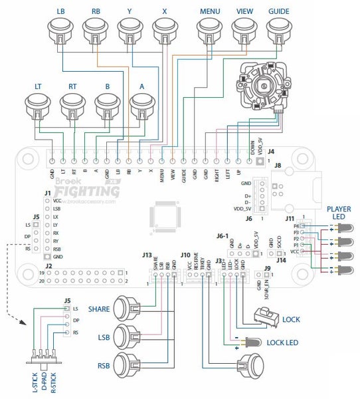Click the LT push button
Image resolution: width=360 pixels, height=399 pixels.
click(38, 104)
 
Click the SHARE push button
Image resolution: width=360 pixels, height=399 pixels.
click(128, 310)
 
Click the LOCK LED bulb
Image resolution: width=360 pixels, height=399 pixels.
click(252, 342)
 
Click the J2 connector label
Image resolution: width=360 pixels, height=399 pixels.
click(48, 266)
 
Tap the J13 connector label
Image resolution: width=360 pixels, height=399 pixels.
click(147, 254)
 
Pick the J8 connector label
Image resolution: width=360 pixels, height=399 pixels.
click(278, 165)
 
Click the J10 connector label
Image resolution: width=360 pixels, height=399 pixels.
click(185, 254)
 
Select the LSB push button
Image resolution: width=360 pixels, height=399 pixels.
click(128, 336)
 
